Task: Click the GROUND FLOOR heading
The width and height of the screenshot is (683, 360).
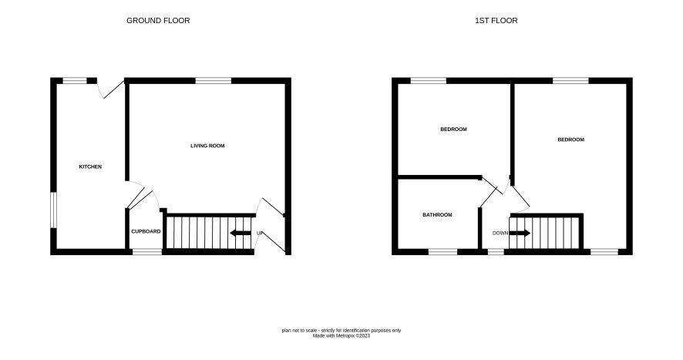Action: point(158,21)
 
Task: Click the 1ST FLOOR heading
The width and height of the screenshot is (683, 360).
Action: point(496,21)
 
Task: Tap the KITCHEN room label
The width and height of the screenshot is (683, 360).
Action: point(90,167)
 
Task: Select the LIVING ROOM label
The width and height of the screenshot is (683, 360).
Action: point(207,146)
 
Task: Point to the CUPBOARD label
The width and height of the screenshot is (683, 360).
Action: point(146,231)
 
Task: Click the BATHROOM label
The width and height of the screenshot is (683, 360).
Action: point(437,215)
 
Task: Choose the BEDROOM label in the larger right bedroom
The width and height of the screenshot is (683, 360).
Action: point(570,140)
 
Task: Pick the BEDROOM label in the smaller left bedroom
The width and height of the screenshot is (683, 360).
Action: point(453,130)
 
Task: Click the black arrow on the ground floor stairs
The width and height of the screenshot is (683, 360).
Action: point(241,233)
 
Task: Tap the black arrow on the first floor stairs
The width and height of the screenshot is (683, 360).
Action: point(520,233)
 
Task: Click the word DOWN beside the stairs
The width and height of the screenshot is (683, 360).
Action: point(500,233)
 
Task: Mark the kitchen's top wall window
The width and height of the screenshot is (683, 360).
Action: point(75,81)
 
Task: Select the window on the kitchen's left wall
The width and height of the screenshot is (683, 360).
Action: point(53,210)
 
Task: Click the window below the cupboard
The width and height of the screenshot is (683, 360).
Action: point(147,252)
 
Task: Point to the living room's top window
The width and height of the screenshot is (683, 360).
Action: point(213,81)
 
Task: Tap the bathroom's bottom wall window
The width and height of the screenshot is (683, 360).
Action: point(443,252)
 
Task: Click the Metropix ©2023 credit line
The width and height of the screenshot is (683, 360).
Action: point(341,336)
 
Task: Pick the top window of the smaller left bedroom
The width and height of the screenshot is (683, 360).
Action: point(428,81)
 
